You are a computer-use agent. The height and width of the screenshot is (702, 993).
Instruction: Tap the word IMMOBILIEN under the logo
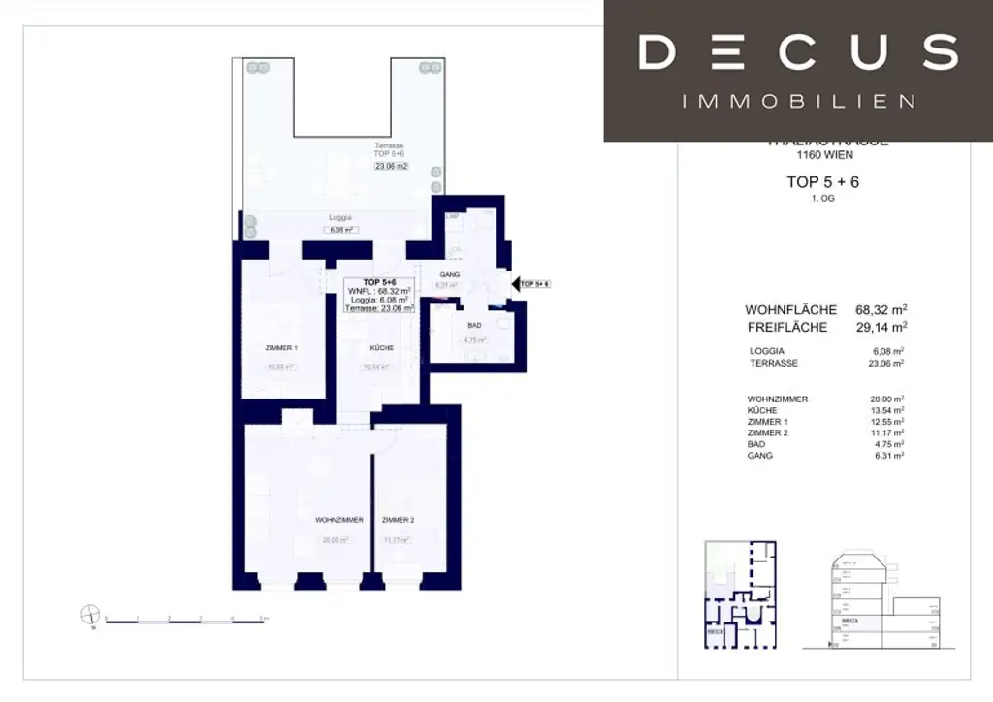pyautogui.click(x=798, y=101)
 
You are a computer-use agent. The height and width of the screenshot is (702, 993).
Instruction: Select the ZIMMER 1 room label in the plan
pyautogui.click(x=282, y=347)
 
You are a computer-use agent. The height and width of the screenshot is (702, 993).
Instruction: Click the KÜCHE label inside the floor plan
pyautogui.click(x=380, y=347)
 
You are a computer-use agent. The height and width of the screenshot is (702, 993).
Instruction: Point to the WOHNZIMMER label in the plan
pyautogui.click(x=338, y=520)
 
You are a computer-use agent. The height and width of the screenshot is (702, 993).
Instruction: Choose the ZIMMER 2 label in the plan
pyautogui.click(x=399, y=520)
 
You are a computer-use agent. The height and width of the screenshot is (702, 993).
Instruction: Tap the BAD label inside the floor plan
pyautogui.click(x=474, y=325)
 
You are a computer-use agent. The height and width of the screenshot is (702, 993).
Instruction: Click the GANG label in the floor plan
pyautogui.click(x=449, y=274)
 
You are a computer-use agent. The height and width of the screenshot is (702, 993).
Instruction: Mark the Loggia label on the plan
pyautogui.click(x=339, y=218)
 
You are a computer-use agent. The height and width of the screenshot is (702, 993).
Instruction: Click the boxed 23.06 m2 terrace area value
pyautogui.click(x=392, y=166)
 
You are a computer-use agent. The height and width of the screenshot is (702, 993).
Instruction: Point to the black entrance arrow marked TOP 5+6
pyautogui.click(x=514, y=284)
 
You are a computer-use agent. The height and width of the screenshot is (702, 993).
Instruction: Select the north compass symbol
pyautogui.click(x=90, y=615)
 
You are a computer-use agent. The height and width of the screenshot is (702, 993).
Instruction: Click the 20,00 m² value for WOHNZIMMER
pyautogui.click(x=887, y=399)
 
